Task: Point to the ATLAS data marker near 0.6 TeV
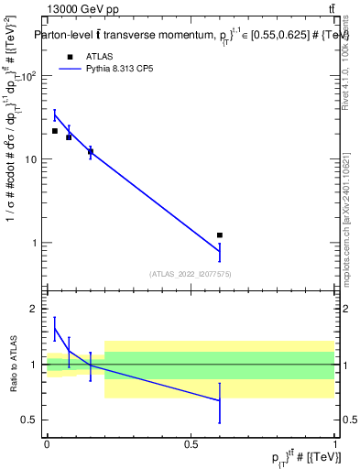coord(220,235)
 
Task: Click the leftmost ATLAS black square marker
coord(55,131)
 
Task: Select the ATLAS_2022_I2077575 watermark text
coord(190,273)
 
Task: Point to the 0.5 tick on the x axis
coord(191,443)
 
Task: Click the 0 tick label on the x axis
coord(47,443)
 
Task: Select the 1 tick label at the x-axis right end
coord(335,443)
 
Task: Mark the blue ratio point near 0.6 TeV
coord(220,400)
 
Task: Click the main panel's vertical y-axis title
coord(13,156)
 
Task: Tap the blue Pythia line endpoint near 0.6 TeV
coord(220,251)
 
